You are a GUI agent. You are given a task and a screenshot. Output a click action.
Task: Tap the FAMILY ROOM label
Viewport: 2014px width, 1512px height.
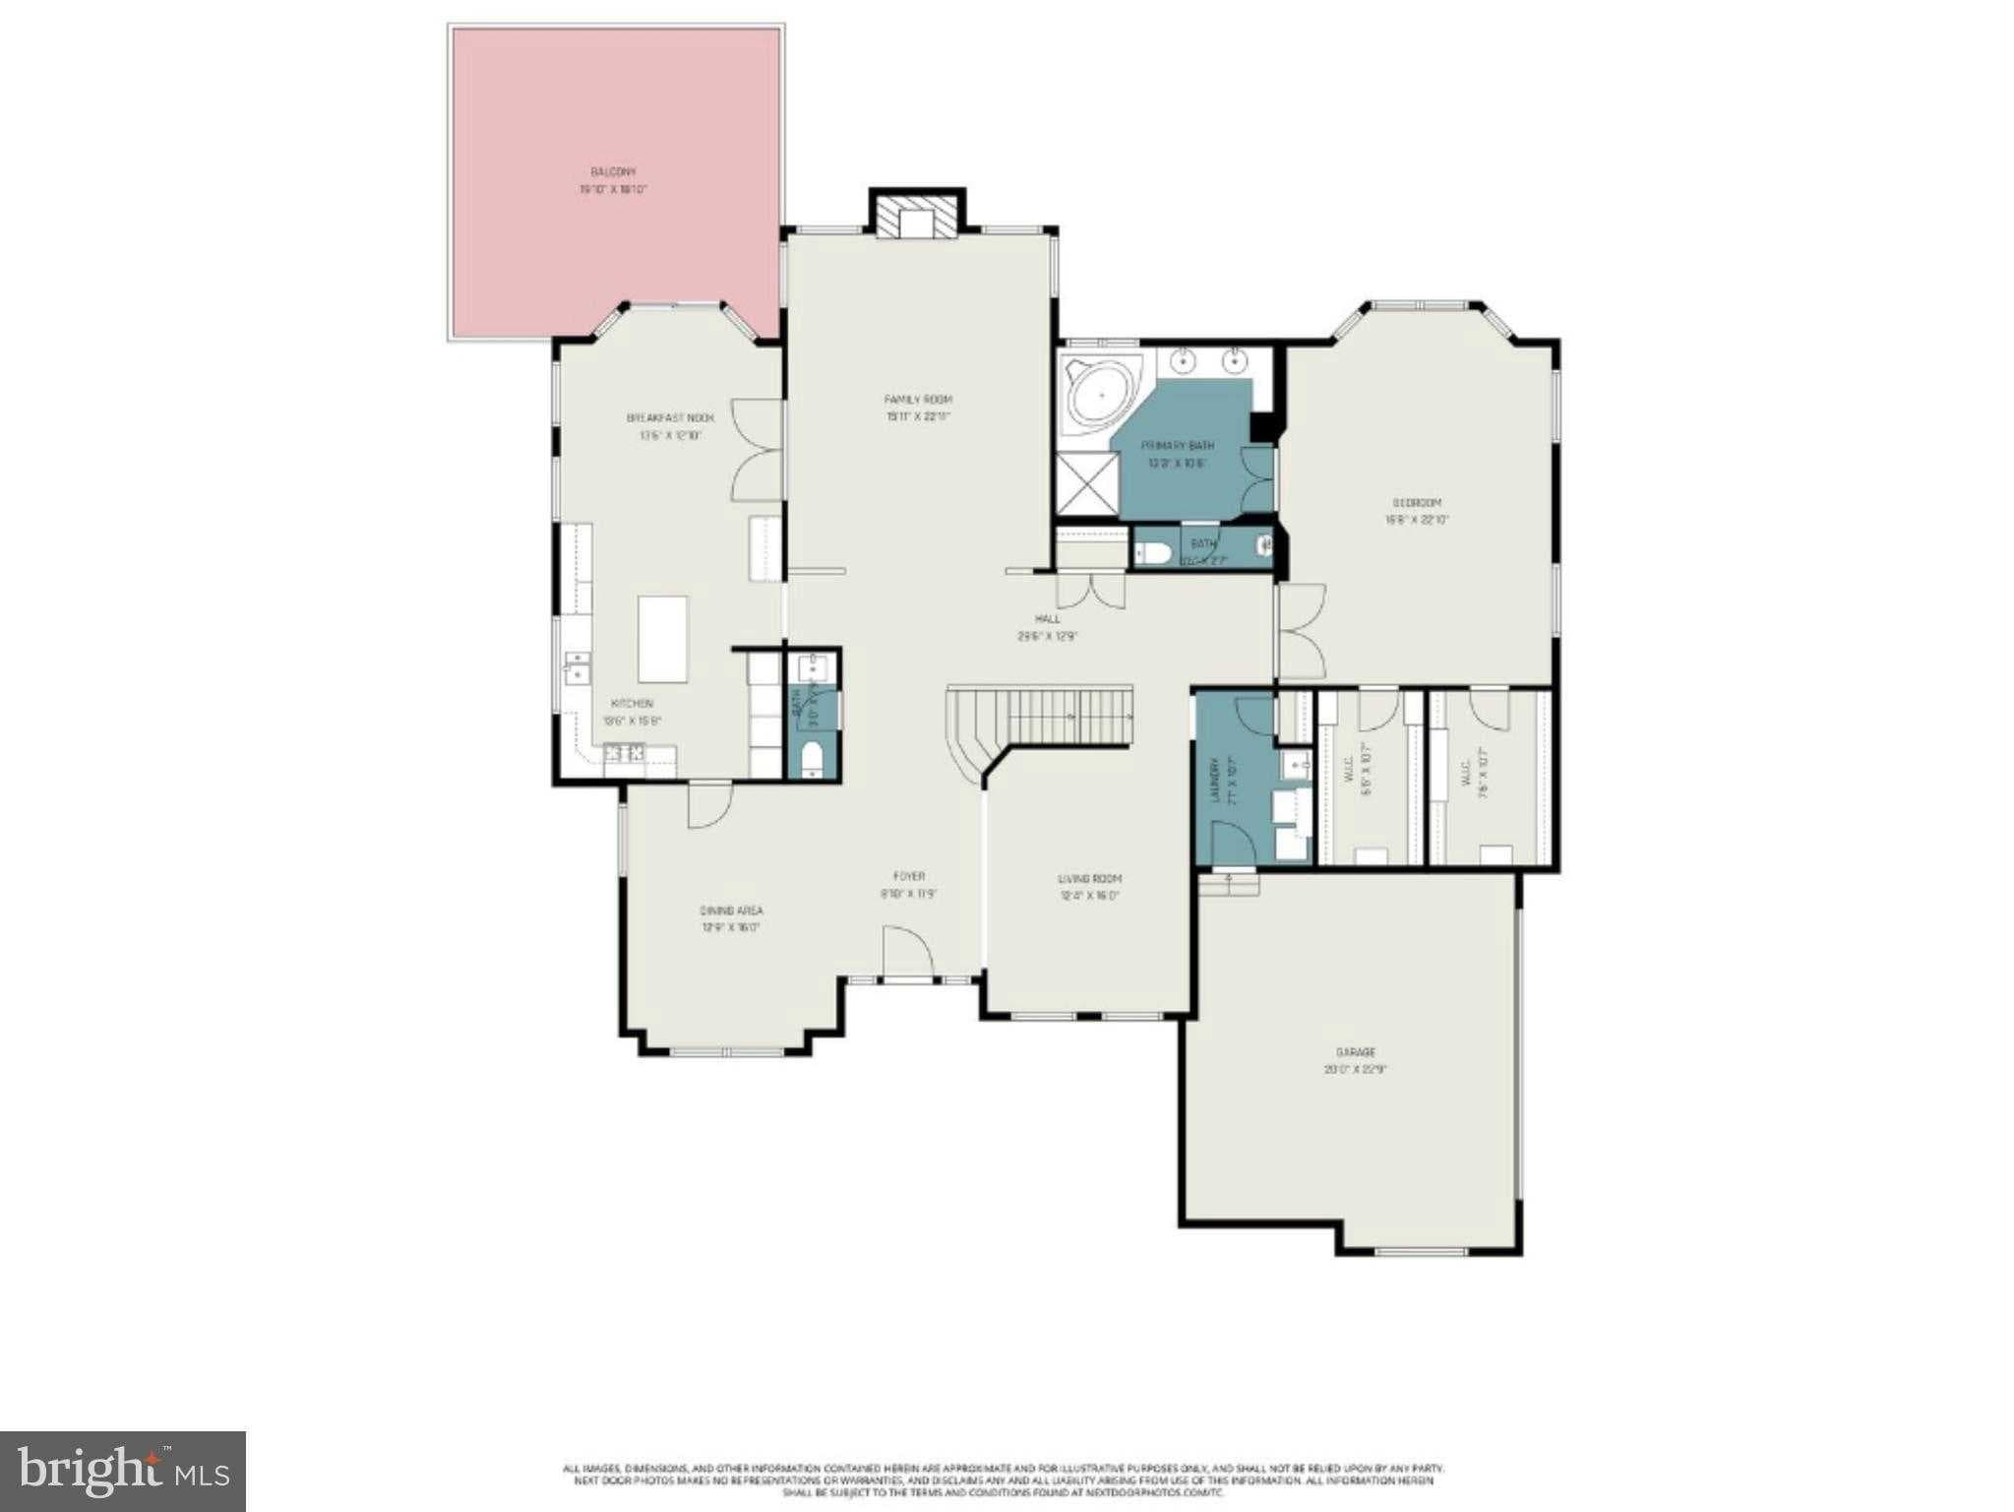pyautogui.click(x=917, y=400)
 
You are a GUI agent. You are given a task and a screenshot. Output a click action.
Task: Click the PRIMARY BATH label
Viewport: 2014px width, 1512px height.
pyautogui.click(x=1177, y=446)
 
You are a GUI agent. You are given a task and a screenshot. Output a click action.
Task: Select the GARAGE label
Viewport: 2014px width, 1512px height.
pyautogui.click(x=1355, y=1052)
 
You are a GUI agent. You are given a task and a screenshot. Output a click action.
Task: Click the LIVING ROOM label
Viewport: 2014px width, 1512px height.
pyautogui.click(x=1089, y=879)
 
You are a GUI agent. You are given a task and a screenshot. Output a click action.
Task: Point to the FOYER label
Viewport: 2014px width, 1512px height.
pyautogui.click(x=908, y=876)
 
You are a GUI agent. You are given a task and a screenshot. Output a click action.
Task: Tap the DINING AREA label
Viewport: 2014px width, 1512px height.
pyautogui.click(x=731, y=911)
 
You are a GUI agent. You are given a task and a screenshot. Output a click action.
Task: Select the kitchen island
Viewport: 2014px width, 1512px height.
pyautogui.click(x=662, y=639)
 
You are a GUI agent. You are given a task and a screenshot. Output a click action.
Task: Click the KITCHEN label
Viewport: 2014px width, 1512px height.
pyautogui.click(x=632, y=704)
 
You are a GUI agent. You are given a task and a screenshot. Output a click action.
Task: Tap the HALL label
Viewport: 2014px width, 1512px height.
pyautogui.click(x=1047, y=619)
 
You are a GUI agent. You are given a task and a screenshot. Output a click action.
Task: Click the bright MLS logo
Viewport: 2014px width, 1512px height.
pyautogui.click(x=123, y=1471)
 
